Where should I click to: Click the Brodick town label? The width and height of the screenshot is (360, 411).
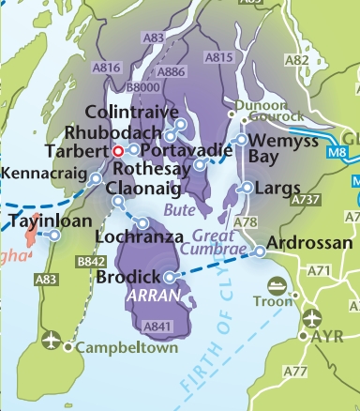click(128, 278)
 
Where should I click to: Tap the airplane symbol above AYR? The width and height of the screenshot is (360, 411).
click(311, 317)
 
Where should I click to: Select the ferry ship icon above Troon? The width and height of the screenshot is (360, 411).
click(278, 285)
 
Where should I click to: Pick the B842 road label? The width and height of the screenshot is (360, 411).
click(91, 262)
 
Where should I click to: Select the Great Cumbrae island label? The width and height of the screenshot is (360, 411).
click(215, 243)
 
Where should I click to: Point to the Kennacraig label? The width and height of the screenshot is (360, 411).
click(43, 173)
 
